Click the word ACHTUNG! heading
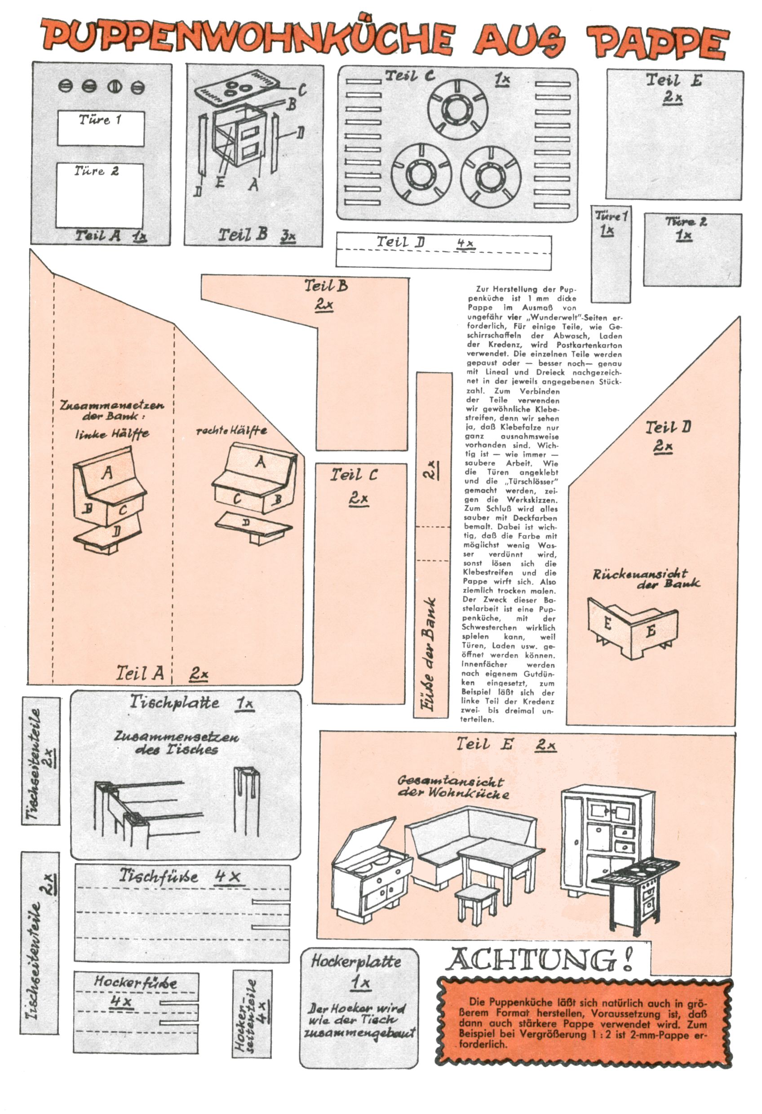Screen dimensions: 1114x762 point(539,959)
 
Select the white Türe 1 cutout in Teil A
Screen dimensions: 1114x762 point(101,128)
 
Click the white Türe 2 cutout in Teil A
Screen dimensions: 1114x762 point(100,195)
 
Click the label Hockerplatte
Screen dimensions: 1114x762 point(356,961)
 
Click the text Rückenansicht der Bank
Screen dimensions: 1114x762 point(645,578)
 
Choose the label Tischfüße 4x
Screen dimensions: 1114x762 point(180,876)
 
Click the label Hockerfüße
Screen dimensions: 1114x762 point(135,982)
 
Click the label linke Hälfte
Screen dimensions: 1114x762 point(112,434)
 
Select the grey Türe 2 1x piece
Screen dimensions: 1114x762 point(692,249)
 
